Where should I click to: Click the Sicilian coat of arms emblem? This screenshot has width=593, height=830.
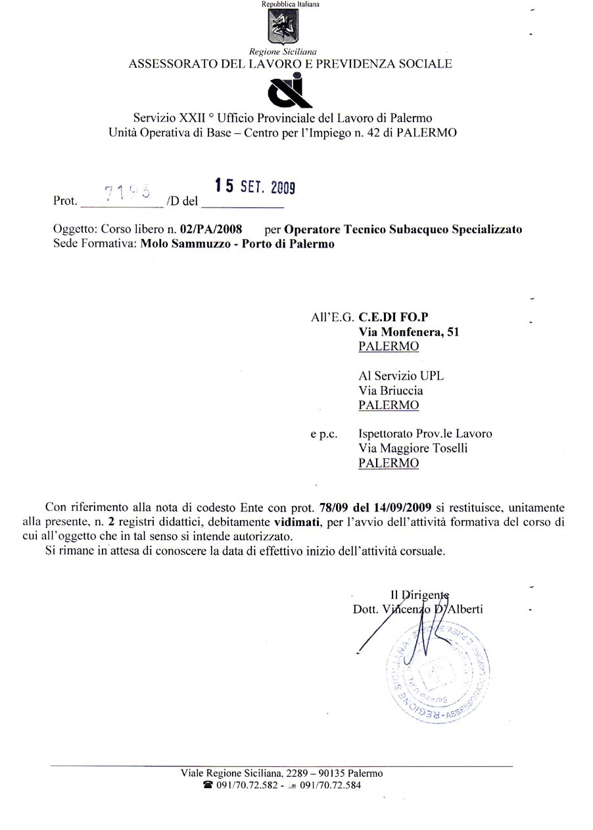(283, 27)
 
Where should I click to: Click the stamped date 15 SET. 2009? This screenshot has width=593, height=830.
(256, 187)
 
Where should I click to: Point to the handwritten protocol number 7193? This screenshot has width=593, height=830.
(128, 190)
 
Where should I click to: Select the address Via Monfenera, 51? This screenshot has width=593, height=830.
(408, 332)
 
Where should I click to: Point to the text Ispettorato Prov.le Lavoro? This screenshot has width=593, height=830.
(425, 434)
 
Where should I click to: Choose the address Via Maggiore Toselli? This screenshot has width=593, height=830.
(413, 448)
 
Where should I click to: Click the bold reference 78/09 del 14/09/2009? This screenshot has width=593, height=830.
(375, 508)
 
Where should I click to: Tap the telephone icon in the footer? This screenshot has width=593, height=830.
(208, 785)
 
